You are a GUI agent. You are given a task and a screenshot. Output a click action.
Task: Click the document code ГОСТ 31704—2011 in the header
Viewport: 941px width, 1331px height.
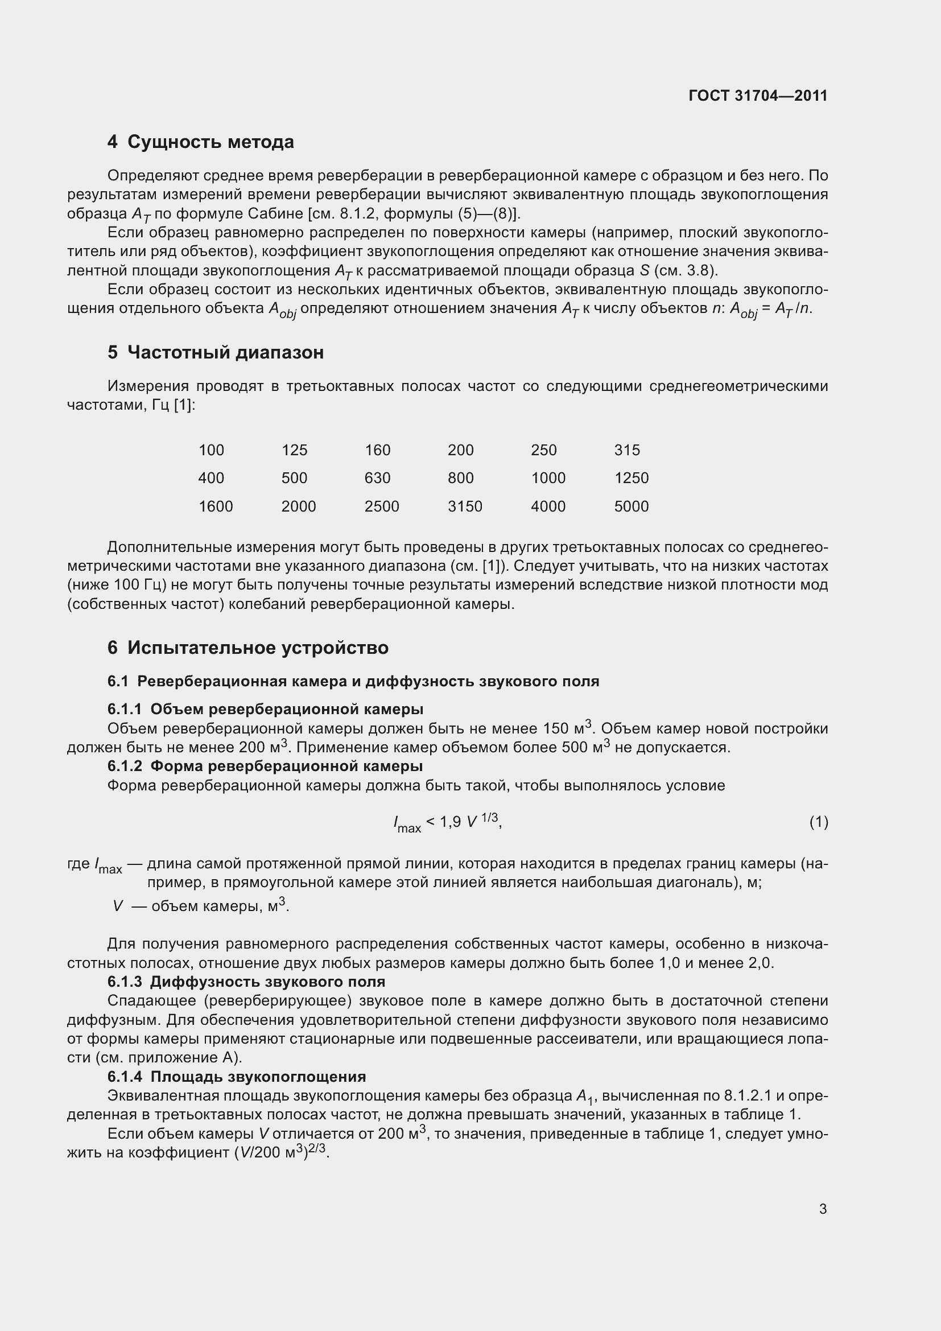(x=758, y=96)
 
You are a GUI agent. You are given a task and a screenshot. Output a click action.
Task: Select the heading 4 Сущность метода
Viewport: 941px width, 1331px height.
(x=200, y=142)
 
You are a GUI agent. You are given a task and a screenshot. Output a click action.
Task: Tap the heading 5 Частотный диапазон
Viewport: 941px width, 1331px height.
(x=215, y=352)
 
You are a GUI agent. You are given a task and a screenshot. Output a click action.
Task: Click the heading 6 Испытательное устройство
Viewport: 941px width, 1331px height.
(x=247, y=648)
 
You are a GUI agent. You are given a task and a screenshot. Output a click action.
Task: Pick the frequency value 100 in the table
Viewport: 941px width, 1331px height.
(x=211, y=450)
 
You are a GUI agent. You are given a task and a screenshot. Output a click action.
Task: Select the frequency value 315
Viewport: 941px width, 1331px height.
(x=627, y=450)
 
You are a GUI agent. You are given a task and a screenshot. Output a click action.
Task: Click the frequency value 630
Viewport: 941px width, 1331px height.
(x=377, y=477)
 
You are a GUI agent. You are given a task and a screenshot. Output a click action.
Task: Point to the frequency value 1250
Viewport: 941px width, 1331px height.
(x=631, y=477)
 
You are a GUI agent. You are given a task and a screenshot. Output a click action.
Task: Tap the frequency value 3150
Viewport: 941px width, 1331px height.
(x=465, y=506)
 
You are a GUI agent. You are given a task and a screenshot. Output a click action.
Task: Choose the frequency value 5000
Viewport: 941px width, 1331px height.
(x=631, y=506)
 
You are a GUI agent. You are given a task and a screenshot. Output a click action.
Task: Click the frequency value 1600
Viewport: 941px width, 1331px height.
(x=216, y=506)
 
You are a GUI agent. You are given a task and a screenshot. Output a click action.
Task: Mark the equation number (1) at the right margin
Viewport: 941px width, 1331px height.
(x=818, y=822)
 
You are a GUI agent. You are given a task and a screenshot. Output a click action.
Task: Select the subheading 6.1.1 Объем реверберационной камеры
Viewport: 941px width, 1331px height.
(x=265, y=709)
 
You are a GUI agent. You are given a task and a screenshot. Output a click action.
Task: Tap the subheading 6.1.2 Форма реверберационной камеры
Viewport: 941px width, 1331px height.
(x=265, y=766)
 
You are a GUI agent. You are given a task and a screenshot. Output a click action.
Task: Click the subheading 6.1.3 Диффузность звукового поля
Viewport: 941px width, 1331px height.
(x=246, y=982)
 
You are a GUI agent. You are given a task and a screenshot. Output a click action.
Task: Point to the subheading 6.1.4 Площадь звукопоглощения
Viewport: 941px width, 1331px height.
(x=237, y=1077)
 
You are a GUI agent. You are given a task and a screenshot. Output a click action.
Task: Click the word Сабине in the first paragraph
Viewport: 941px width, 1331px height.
(x=272, y=214)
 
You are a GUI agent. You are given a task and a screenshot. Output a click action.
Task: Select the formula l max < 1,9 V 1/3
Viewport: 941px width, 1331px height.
(x=447, y=822)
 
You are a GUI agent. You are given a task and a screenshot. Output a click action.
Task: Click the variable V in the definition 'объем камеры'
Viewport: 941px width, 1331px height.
(x=118, y=906)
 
